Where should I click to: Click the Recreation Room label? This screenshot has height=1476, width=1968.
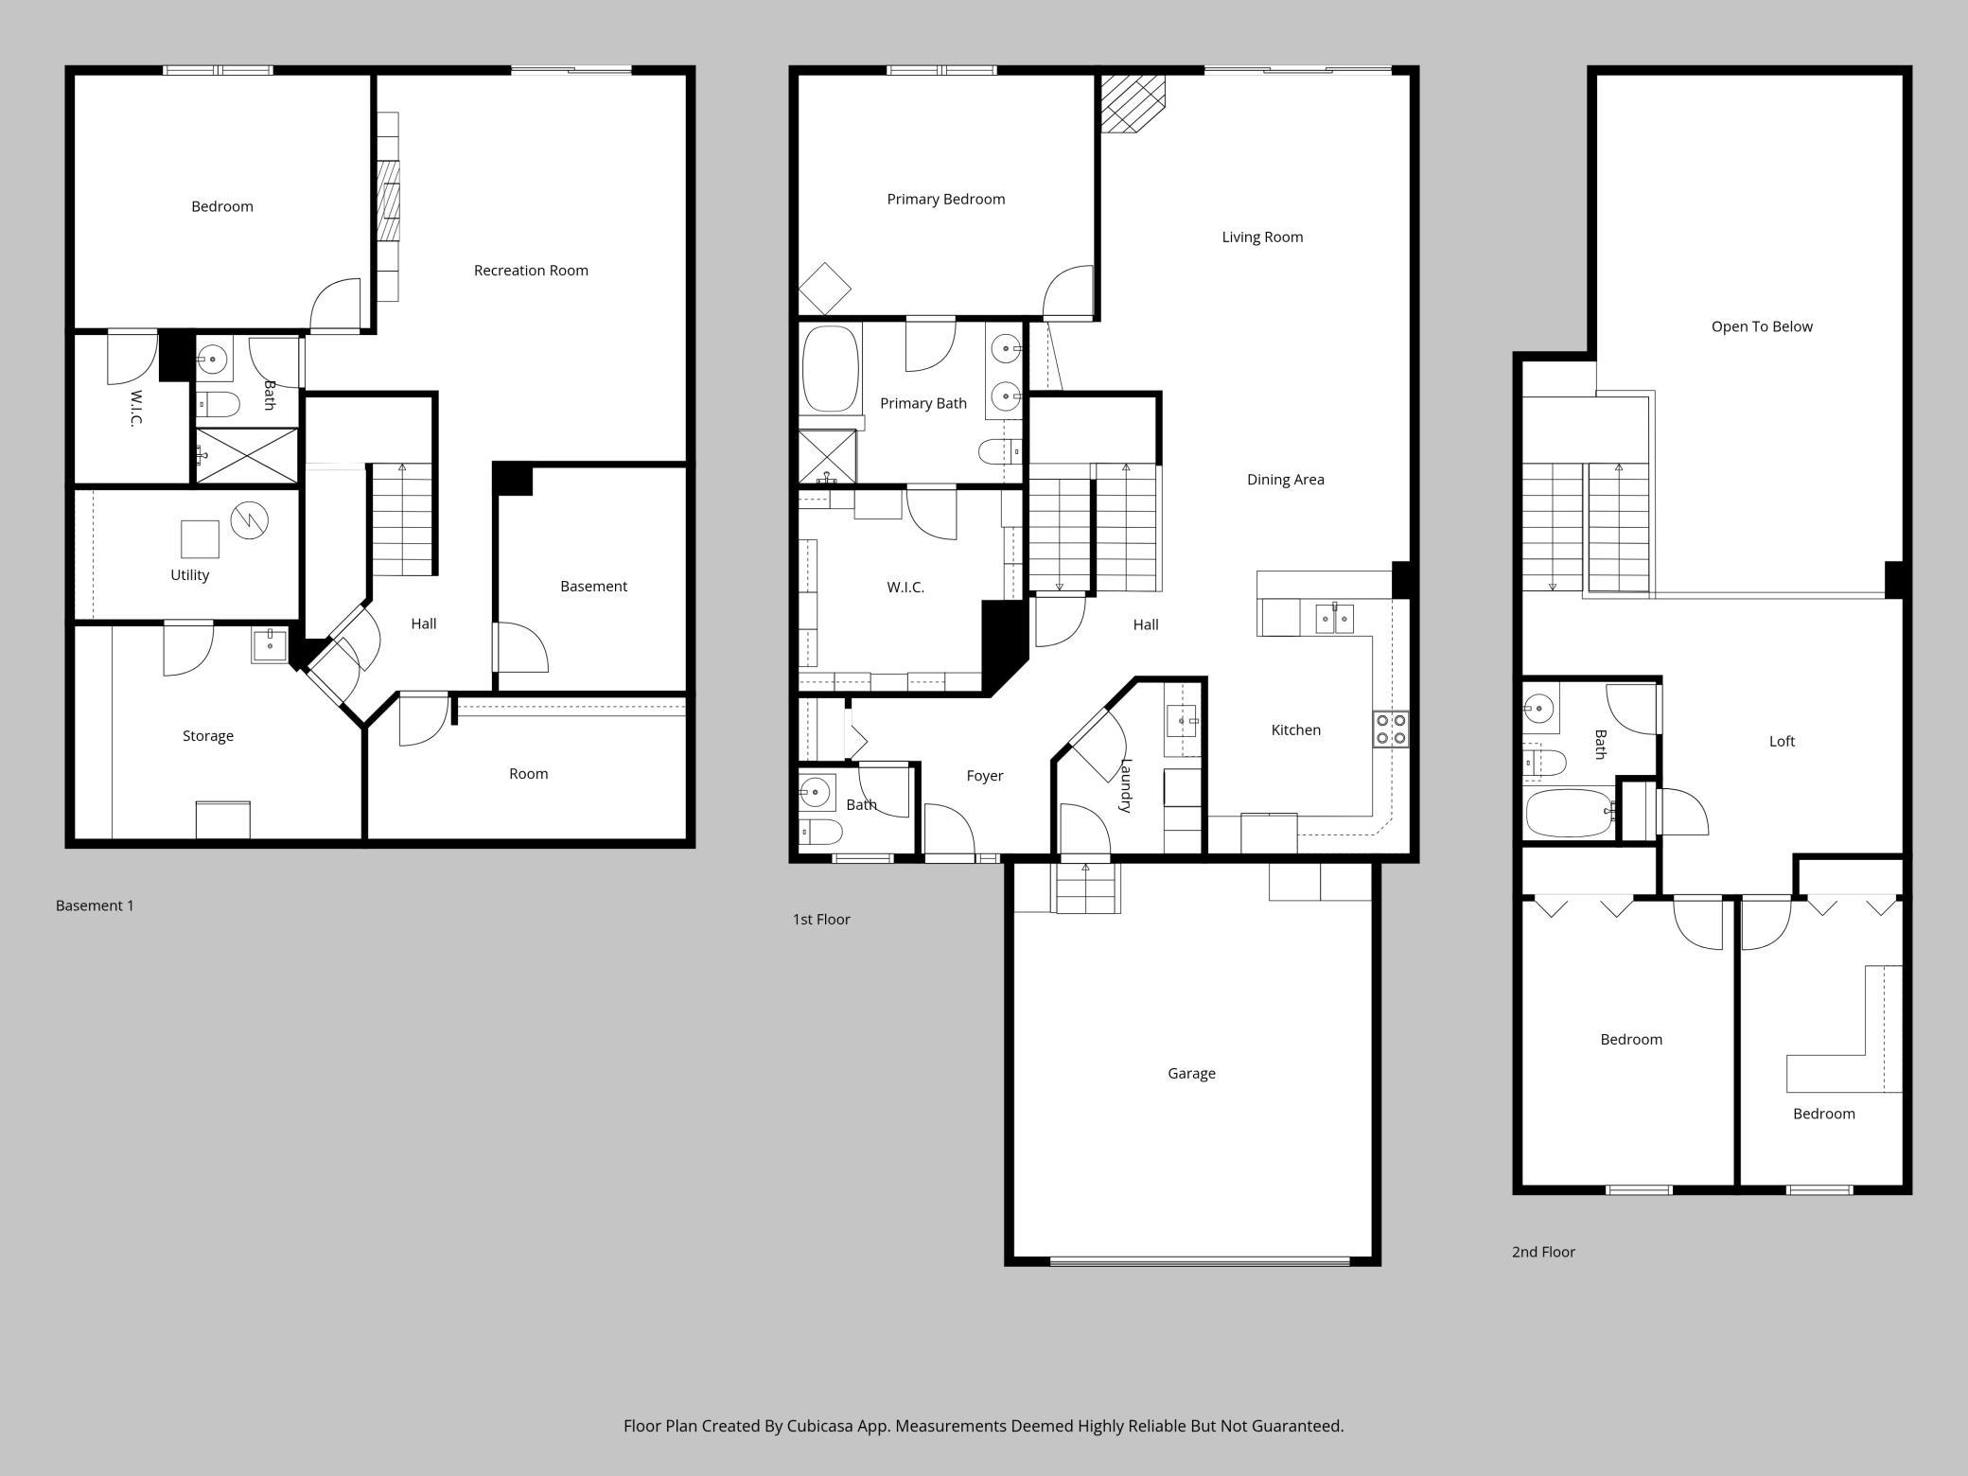pos(531,271)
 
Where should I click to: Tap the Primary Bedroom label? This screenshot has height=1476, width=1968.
pos(945,200)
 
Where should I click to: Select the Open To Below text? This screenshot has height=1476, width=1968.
pos(1762,327)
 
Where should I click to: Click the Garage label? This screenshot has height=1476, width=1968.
pos(1191,1074)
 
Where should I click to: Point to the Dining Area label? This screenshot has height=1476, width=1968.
pos(1285,480)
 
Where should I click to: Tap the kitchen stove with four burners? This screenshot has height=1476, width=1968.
pos(1391,729)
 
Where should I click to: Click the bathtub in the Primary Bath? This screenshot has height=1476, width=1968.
pos(831,369)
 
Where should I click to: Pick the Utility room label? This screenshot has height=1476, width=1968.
pos(189,575)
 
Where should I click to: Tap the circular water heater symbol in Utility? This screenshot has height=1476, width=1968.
pos(250,518)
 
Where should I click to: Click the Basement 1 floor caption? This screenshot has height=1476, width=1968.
pos(95,905)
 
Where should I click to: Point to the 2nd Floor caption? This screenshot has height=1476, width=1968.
pos(1543,1252)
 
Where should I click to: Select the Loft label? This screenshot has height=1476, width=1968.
pos(1782,742)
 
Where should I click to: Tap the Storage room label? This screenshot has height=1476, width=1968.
pos(208,736)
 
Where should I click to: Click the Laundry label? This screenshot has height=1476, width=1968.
pos(1126,785)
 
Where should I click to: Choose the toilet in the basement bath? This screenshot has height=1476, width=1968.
pos(219,405)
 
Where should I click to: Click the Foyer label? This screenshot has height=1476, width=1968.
pos(984,776)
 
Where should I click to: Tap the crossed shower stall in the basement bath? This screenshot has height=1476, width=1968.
pos(246,456)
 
